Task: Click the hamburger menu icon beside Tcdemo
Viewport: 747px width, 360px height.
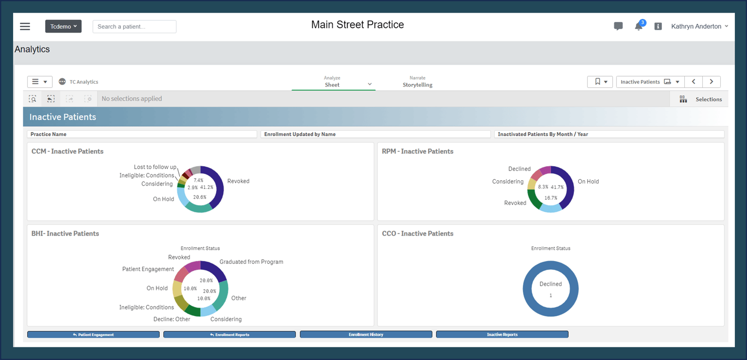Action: pos(25,27)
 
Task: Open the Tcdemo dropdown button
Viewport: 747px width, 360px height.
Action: pos(63,26)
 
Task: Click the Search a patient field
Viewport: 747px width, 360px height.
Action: pos(134,27)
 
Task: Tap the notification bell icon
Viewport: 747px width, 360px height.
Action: pos(639,27)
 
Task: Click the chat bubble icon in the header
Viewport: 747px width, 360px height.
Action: pos(618,27)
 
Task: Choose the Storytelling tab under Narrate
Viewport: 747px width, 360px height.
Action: pos(417,85)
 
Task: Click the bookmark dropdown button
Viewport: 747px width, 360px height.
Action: pos(600,82)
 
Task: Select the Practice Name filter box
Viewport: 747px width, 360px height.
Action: pos(141,134)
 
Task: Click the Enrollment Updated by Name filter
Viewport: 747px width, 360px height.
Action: pos(375,134)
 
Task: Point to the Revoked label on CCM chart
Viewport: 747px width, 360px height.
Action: pos(238,181)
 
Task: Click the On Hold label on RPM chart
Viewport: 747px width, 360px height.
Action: pos(588,182)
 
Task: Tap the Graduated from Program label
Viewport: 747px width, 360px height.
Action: pos(251,262)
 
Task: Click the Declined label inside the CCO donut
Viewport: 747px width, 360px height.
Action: pos(550,284)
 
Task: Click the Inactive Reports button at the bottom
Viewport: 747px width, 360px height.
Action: pos(502,334)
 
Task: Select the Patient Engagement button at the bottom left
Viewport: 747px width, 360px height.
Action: pos(93,334)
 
